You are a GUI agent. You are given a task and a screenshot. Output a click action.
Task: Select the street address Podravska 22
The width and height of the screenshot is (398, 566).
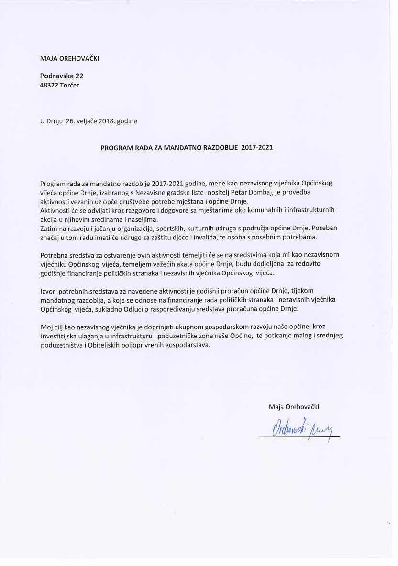tap(62, 76)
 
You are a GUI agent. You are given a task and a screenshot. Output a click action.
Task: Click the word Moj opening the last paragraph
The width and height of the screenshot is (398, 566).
tap(46, 327)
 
